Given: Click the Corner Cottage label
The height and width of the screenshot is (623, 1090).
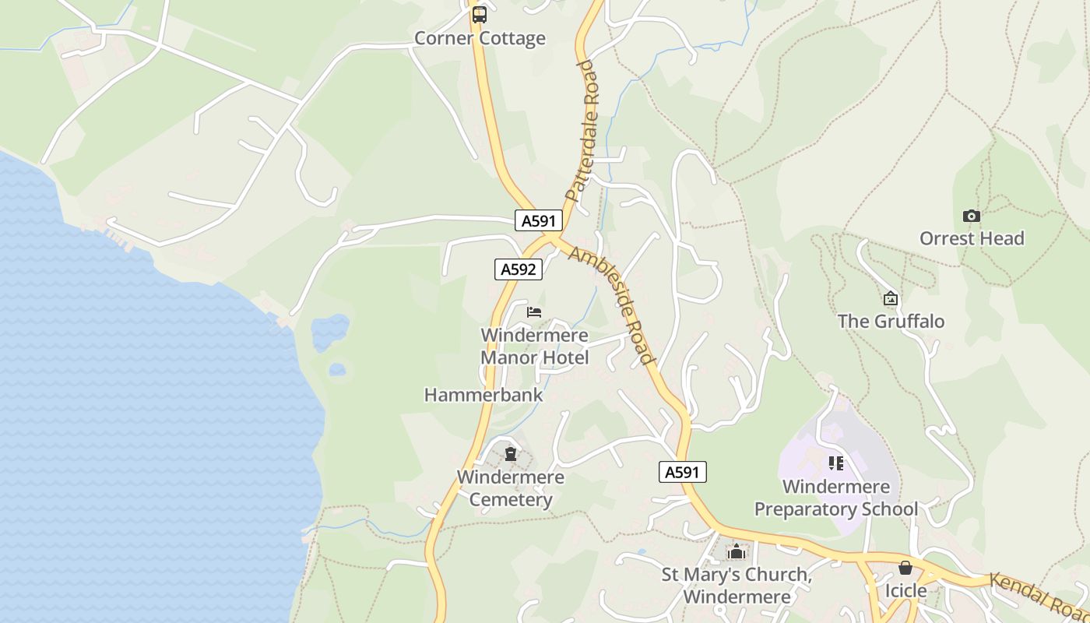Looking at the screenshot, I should (x=480, y=38).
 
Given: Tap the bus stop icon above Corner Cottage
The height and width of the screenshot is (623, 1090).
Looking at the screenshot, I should (x=480, y=14).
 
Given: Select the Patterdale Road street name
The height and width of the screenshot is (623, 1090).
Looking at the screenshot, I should (x=585, y=131).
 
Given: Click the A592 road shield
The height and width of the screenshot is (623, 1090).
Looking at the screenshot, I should (x=519, y=269).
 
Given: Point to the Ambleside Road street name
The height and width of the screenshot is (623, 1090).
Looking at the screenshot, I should (x=611, y=304).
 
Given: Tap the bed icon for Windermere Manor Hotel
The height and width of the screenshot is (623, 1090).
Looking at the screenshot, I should (x=534, y=312).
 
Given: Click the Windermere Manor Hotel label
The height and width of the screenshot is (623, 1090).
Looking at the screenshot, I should (x=534, y=347).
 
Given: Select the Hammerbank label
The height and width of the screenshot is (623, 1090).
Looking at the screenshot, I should (x=483, y=395).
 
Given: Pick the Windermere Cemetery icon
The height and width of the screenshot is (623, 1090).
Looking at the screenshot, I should (x=511, y=454).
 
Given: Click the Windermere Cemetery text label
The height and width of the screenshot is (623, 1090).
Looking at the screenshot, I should (x=511, y=488).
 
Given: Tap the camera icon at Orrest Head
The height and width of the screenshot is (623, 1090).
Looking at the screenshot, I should (x=971, y=216).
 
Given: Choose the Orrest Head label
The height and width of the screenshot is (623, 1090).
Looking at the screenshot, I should (x=972, y=238).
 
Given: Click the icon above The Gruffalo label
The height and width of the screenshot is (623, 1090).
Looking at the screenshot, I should (x=891, y=298).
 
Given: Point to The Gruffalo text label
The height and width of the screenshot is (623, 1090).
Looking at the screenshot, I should (x=891, y=321).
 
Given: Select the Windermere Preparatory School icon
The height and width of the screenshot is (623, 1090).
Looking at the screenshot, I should (x=836, y=464).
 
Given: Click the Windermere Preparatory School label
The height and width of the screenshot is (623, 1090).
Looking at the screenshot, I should (x=836, y=498).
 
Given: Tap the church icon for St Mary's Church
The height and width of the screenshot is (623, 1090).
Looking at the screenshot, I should (x=737, y=552).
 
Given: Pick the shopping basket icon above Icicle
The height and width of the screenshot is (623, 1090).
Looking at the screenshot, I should (x=905, y=568).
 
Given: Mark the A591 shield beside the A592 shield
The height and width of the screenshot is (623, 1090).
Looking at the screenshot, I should (x=538, y=220).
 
